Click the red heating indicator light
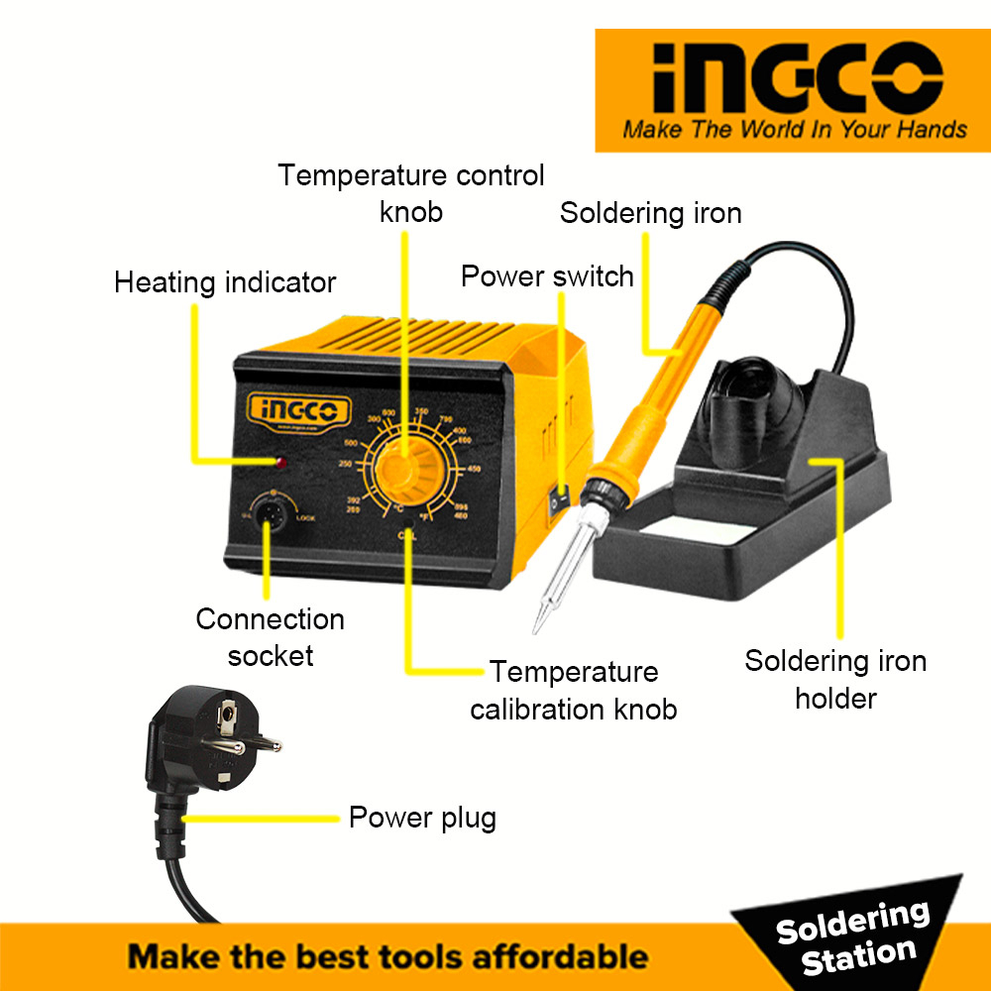(x=282, y=463)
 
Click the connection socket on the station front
(x=268, y=514)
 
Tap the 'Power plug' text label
(x=422, y=818)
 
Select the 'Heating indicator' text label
(x=225, y=282)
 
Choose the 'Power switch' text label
(x=547, y=275)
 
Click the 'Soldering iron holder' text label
(x=835, y=679)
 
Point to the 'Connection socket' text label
(x=270, y=637)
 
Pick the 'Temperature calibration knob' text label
(x=574, y=691)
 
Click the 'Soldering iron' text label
(x=650, y=213)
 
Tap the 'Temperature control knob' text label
(x=411, y=193)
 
